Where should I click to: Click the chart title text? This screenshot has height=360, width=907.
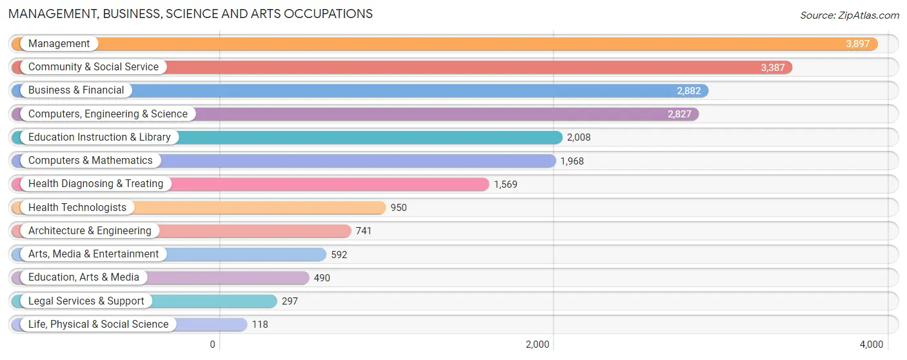coord(190,14)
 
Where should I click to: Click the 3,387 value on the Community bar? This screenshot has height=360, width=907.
coord(772,67)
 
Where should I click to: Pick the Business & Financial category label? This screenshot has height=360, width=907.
coord(76,90)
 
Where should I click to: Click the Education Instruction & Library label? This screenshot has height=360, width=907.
coord(99,137)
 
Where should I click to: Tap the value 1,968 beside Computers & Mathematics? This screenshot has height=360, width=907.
coord(572,161)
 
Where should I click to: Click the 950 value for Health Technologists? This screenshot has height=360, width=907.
coord(399,208)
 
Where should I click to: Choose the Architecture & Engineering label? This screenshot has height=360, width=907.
coord(90,231)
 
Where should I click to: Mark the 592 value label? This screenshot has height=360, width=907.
coord(339,255)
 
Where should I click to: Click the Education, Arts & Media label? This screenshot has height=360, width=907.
coord(84,277)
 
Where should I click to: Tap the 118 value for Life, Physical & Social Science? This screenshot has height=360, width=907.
coord(259,325)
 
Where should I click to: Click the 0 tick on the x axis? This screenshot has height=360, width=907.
coord(212,345)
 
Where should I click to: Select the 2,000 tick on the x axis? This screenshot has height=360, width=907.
coord(537,345)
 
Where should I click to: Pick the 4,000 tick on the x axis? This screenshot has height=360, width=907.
coord(871,345)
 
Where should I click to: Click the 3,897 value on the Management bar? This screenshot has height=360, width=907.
coord(857,44)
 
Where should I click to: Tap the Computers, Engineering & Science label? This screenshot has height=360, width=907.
coord(108,114)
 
